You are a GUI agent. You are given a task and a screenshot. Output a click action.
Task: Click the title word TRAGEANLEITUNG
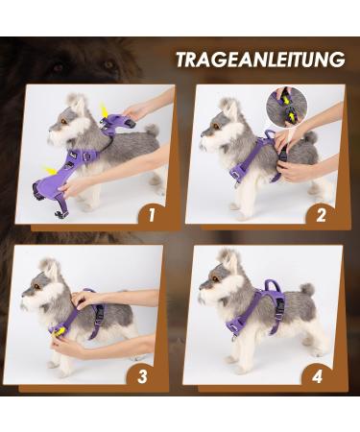coord(259,60)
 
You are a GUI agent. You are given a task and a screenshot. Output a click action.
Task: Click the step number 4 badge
coord(319,375)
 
